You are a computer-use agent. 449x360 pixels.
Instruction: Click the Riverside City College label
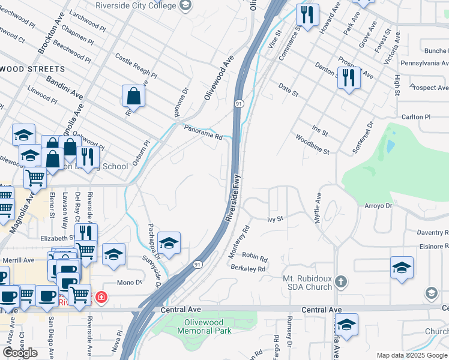coord(137,5)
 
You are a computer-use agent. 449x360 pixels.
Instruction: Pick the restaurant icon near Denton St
coord(348,77)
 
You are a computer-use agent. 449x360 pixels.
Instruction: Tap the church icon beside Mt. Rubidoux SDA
coord(341,281)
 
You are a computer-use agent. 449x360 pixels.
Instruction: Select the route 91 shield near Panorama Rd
coord(239,104)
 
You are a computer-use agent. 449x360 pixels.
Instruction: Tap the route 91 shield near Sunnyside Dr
coord(197,264)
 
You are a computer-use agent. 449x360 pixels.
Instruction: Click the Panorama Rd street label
coord(203,136)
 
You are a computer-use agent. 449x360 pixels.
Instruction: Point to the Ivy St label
coord(275,220)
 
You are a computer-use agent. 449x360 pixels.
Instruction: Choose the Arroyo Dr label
coord(378,205)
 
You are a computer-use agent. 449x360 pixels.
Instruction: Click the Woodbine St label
coord(312,145)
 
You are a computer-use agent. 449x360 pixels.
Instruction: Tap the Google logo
coord(20,352)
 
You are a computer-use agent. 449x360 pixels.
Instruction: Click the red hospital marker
coord(101,296)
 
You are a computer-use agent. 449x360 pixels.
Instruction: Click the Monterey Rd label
coord(239,242)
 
